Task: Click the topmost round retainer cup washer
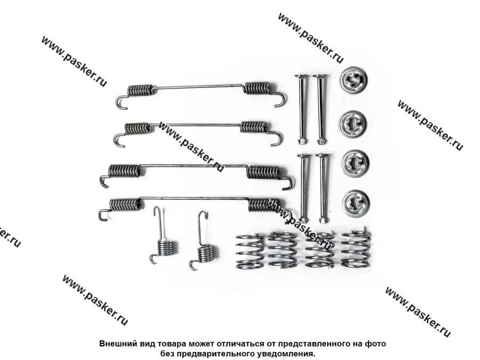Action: [x=353, y=79]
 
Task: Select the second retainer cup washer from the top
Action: [x=353, y=124]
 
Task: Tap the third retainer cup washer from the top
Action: [x=355, y=164]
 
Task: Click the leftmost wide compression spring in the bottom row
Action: [x=250, y=251]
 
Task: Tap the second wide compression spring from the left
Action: [x=282, y=250]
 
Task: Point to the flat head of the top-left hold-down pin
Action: [x=300, y=76]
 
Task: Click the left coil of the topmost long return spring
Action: [x=140, y=90]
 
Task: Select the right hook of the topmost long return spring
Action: [x=280, y=99]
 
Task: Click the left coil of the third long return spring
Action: [x=125, y=171]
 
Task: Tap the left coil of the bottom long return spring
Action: [x=125, y=204]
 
